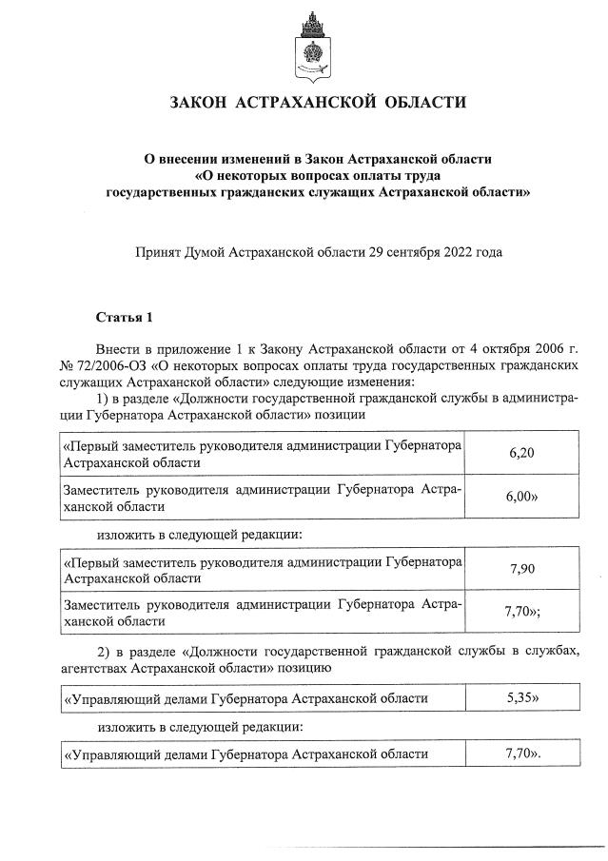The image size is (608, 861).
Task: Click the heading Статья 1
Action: [123, 316]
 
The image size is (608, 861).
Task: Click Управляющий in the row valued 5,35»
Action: [104, 699]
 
